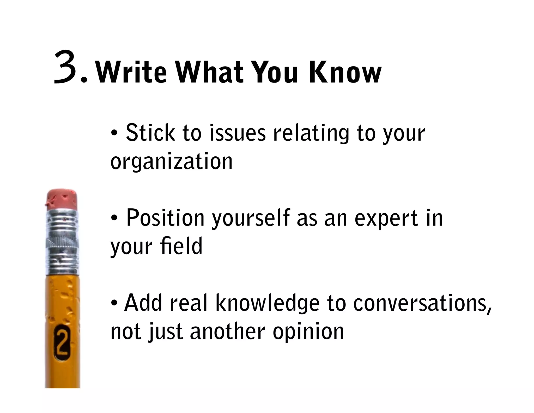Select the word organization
pyautogui.click(x=171, y=162)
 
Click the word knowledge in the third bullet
pyautogui.click(x=268, y=303)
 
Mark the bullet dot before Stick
pyautogui.click(x=114, y=133)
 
